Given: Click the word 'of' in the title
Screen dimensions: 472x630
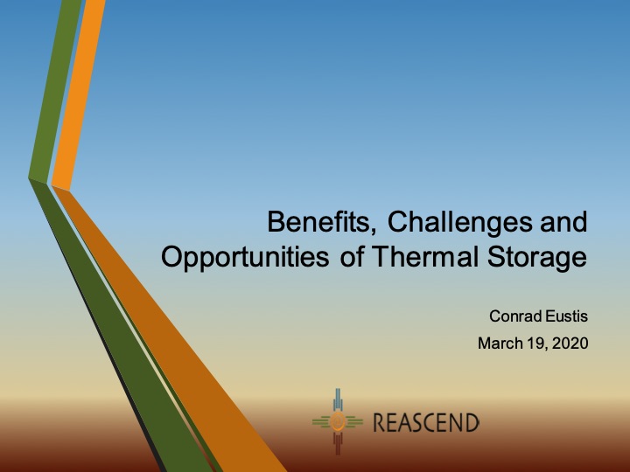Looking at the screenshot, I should (341, 258).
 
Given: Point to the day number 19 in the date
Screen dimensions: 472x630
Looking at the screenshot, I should (535, 344).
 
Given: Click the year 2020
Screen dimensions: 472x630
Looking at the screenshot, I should (569, 344).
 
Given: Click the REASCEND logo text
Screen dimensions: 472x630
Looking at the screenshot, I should (426, 424).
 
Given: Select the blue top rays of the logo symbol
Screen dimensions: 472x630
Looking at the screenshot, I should (338, 402).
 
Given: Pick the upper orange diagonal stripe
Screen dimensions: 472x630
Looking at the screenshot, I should (74, 87).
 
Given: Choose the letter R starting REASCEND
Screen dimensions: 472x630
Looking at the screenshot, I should (380, 424).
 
